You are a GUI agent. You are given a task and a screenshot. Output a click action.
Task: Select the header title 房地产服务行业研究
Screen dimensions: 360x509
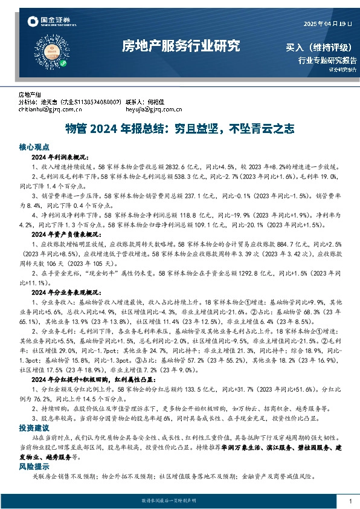click(181, 46)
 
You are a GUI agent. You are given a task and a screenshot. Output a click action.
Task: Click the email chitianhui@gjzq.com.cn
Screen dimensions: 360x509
click(50, 110)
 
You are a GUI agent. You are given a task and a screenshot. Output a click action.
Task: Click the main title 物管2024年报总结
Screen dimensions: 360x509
click(179, 129)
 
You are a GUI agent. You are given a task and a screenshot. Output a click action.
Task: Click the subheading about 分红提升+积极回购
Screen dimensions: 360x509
click(88, 378)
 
